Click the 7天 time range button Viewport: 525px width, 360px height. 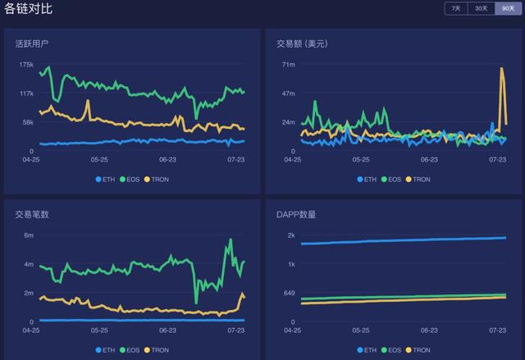point(454,8)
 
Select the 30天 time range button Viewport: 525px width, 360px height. point(481,8)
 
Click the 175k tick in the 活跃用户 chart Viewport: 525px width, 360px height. point(26,64)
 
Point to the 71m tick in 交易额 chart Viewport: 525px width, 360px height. point(288,64)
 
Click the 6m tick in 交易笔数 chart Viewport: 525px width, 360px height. point(29,235)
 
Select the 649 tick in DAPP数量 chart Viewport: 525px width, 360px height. point(288,293)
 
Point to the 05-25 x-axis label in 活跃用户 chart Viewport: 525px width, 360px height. point(99,160)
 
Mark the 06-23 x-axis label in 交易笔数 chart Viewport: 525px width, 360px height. point(168,330)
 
